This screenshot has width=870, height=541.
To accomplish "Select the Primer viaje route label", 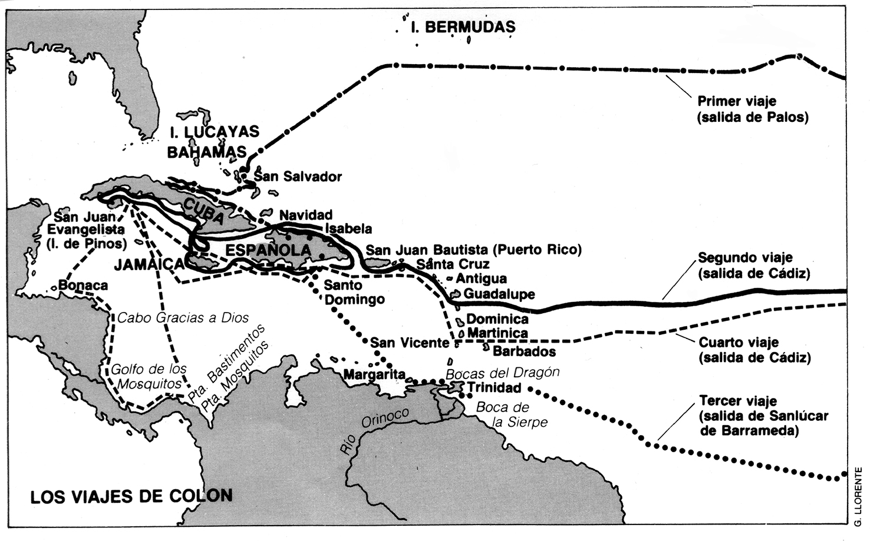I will (x=752, y=109).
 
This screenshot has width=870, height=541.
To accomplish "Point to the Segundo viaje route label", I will (x=753, y=265).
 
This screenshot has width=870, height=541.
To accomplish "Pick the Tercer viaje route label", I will (x=763, y=416).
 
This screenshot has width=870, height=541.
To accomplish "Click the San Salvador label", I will (x=298, y=176).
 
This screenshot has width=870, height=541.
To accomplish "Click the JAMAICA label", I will (x=149, y=264).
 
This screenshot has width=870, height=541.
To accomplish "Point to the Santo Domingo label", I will (x=354, y=293).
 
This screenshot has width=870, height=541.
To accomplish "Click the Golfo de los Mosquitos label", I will (x=149, y=376).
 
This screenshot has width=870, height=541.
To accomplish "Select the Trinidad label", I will (x=494, y=387).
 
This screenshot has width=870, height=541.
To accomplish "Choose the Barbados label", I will (x=524, y=351).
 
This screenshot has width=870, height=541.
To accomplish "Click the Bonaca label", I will (x=83, y=286).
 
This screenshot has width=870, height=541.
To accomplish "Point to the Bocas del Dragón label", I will (x=502, y=373).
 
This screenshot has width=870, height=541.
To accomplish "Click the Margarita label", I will (x=374, y=374).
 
